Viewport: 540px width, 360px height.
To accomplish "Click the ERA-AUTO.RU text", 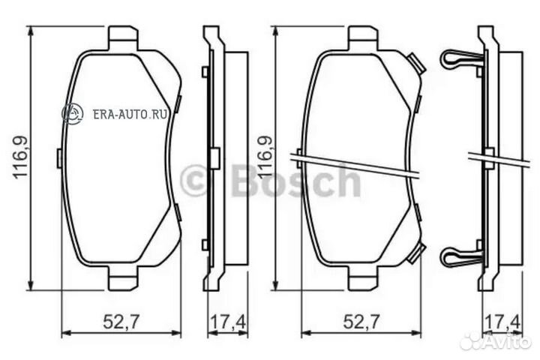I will click(x=129, y=114).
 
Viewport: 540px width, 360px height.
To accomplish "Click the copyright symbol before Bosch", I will click(x=194, y=182).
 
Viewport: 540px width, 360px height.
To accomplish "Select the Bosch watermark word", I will click(x=297, y=181).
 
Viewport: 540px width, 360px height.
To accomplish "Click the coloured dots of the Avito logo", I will click(x=471, y=341).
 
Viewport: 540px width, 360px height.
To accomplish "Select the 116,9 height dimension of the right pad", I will click(x=264, y=157).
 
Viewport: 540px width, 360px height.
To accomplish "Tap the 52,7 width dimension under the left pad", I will click(x=119, y=322).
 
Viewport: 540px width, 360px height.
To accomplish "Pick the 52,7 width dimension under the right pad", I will click(x=361, y=322).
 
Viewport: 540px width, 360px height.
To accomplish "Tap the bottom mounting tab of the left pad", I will click(x=123, y=281).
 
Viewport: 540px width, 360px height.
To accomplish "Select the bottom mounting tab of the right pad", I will click(x=362, y=281).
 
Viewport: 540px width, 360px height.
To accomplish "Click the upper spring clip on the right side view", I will click(x=458, y=59).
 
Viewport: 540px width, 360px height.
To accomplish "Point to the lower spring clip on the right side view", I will click(x=458, y=256).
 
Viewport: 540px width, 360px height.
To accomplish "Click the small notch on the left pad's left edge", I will click(x=58, y=157).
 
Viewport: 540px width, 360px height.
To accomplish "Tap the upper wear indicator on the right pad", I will click(x=418, y=66).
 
